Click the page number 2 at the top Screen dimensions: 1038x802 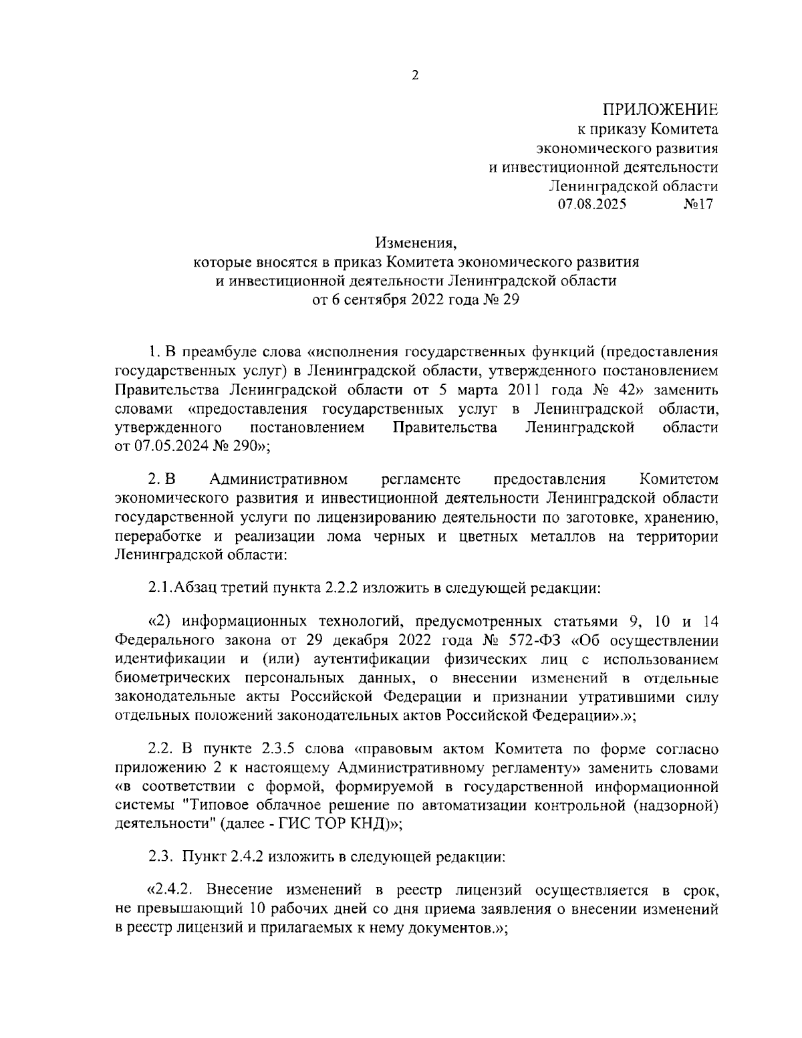click(414, 76)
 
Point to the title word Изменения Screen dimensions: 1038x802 click(409, 242)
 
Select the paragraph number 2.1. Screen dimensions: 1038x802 click(160, 588)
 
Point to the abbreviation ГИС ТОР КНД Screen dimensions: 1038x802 click(342, 824)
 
